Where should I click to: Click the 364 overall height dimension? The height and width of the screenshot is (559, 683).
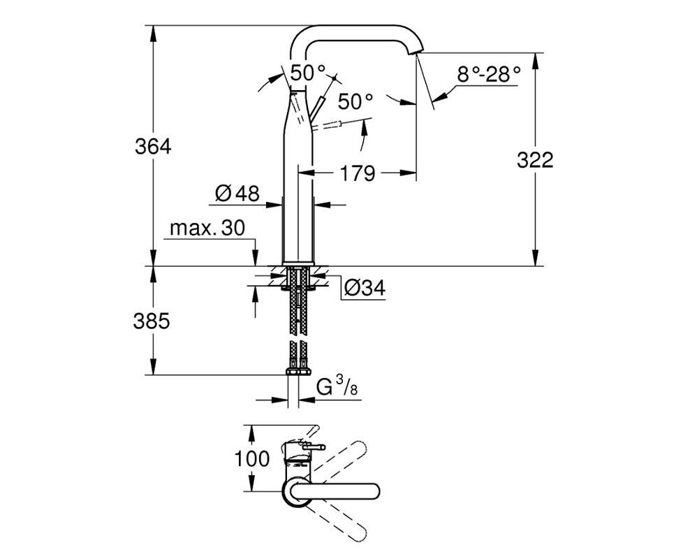coord(153,147)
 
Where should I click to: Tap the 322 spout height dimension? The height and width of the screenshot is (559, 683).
coord(535,160)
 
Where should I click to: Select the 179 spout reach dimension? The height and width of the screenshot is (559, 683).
coord(357,173)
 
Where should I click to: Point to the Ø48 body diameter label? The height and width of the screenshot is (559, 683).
coord(237,193)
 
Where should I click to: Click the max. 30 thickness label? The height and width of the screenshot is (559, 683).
coord(207,228)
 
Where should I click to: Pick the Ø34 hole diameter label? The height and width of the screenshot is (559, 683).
coord(365,288)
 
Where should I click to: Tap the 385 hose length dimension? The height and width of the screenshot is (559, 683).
coord(151,321)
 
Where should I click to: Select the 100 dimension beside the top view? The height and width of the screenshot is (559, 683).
coord(252,459)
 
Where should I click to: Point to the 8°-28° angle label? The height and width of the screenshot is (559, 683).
coord(489,75)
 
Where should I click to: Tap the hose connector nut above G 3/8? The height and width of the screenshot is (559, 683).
coord(298,372)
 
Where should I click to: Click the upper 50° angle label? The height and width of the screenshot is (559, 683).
coord(308,73)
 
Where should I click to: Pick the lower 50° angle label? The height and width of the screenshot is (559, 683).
coord(356,102)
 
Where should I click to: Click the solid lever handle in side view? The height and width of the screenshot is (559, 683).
coord(318,110)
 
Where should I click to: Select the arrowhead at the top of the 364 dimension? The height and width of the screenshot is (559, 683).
coord(153,34)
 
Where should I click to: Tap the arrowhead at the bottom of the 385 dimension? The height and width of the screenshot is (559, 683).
coord(153,366)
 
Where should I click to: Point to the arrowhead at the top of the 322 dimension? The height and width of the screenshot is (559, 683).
coord(536,61)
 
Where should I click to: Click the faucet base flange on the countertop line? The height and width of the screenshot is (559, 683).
coord(298,263)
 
